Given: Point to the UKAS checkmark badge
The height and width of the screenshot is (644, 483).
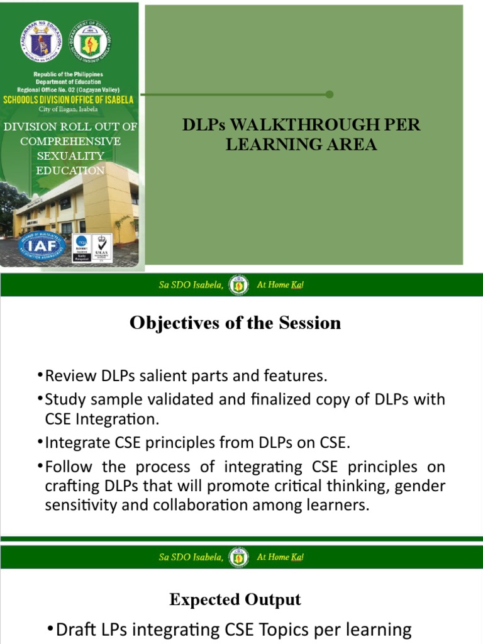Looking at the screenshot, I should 101,247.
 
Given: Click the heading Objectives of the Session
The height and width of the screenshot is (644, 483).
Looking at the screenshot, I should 235,323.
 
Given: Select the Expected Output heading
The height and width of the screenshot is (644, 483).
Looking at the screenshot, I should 235,600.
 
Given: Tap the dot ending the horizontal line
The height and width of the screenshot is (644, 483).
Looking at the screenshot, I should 330,94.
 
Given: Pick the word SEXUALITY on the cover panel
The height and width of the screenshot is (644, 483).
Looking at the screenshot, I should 70,155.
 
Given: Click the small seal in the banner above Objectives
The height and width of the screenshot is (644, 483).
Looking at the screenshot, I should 238,285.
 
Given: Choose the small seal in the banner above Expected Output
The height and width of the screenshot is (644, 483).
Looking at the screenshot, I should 238,557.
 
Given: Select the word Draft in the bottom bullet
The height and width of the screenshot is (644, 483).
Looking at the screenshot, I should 77,630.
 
